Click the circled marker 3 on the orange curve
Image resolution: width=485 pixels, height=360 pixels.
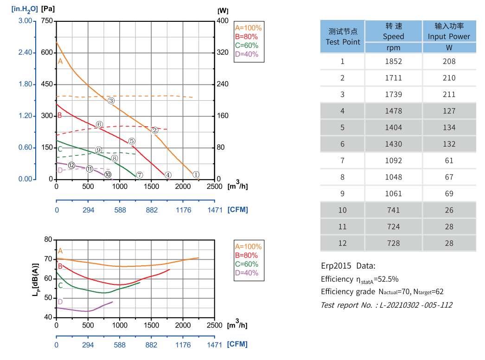(x=111, y=101)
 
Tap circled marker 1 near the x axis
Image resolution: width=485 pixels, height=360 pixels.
(x=196, y=174)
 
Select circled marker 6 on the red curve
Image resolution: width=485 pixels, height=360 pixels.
(x=99, y=124)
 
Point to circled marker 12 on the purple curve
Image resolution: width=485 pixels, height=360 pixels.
(x=71, y=165)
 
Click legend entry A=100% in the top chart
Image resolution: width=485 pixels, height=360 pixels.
(x=248, y=27)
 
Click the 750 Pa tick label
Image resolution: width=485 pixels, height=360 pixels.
(x=47, y=21)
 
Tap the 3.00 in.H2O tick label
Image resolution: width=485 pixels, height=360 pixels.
(x=25, y=21)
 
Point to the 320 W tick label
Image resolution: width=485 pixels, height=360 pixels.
(x=223, y=52)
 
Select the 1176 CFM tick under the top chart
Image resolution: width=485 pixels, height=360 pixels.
(x=183, y=210)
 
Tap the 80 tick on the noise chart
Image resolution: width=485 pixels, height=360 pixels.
(x=48, y=239)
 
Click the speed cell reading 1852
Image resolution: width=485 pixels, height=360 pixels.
(x=393, y=61)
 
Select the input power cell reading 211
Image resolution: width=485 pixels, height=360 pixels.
(x=449, y=94)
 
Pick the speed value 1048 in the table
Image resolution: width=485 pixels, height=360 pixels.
(x=393, y=177)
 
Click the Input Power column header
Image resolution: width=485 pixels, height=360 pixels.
(x=449, y=31)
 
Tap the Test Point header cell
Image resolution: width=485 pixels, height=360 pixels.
(x=343, y=37)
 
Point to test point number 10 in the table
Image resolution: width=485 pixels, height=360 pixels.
(x=342, y=210)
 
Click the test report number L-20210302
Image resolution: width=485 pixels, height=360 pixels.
(x=386, y=305)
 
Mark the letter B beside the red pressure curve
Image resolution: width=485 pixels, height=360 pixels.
(x=60, y=115)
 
